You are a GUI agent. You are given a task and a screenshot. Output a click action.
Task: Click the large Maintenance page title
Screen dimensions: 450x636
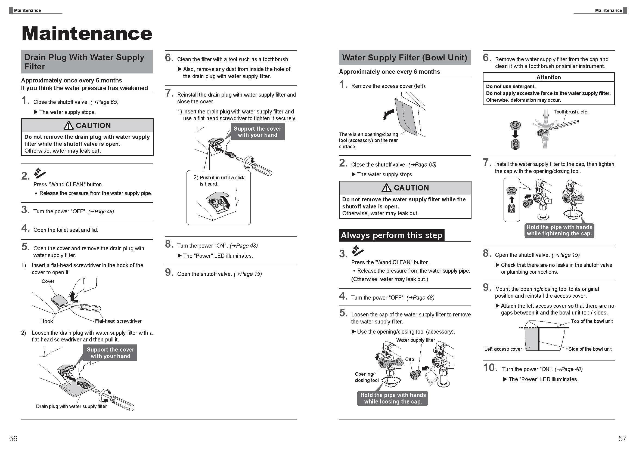coord(87,33)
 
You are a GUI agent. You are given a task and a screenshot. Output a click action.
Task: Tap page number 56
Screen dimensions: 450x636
coord(13,438)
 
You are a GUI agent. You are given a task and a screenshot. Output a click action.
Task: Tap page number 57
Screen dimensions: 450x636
coord(622,438)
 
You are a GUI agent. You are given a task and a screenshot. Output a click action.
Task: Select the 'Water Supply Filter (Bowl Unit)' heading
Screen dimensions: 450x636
coord(404,57)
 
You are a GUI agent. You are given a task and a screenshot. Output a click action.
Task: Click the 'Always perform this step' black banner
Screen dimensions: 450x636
coord(391,235)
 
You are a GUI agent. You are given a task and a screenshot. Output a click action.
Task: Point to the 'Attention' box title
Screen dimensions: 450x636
coord(548,77)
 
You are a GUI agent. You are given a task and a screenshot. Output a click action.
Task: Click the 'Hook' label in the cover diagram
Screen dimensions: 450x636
coord(46,321)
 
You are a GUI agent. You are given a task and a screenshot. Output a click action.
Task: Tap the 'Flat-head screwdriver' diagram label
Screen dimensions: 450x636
coord(118,321)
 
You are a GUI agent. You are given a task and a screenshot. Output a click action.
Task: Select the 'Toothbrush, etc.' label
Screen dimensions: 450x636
coord(571,112)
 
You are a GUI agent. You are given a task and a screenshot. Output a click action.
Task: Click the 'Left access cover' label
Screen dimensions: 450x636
coord(503,349)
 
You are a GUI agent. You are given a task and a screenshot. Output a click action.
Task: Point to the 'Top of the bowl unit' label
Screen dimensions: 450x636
coord(592,321)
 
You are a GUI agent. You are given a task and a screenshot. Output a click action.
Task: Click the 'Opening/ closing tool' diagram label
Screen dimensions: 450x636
coord(366,377)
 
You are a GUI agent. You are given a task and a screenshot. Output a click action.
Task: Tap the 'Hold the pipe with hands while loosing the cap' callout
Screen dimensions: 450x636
coord(393,398)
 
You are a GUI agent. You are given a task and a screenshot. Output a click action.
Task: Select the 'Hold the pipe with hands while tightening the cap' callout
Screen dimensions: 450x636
coord(559,230)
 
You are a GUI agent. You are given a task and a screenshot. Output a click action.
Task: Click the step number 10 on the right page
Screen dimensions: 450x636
coord(490,368)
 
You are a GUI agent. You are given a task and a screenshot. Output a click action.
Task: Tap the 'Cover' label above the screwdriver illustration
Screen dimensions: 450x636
coord(48,281)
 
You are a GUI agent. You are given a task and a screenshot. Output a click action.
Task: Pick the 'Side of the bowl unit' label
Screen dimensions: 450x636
coord(590,349)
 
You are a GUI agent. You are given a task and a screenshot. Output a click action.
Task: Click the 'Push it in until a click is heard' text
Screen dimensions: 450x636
coord(219,181)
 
